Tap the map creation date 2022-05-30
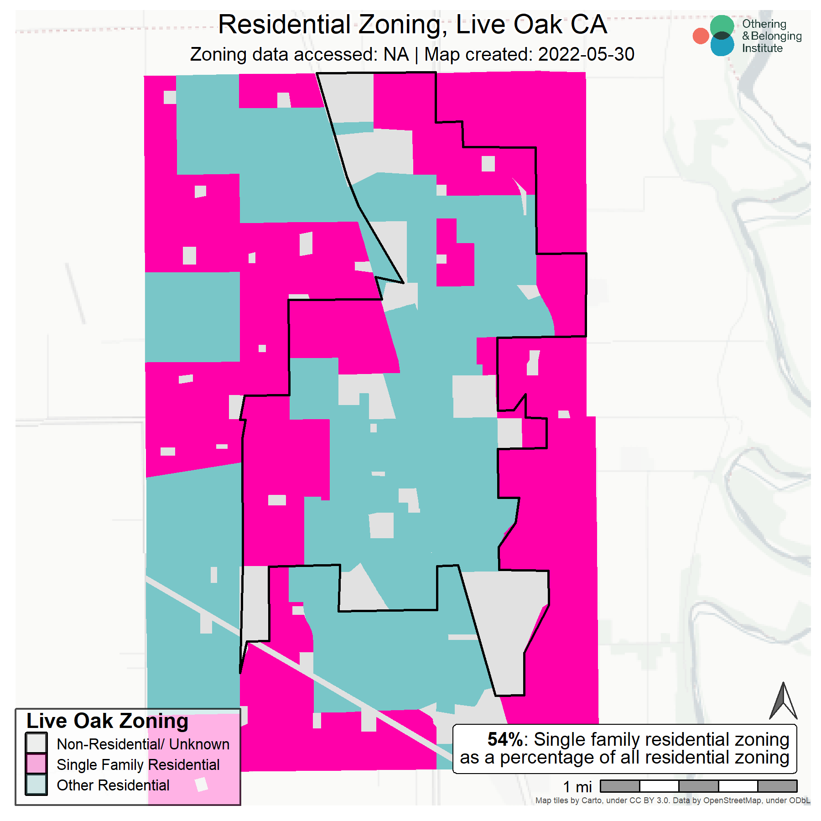click(586, 54)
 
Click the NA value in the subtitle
click(396, 54)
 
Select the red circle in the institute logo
click(701, 36)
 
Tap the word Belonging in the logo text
click(776, 36)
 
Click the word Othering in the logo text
click(764, 24)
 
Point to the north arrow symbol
click(783, 702)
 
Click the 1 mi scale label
click(577, 787)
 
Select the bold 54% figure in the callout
click(504, 739)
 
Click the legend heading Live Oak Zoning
click(107, 721)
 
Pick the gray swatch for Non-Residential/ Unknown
click(36, 743)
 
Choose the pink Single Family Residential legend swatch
click(36, 764)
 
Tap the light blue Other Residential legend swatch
click(36, 785)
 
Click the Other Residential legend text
click(113, 785)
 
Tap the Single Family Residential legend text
click(138, 764)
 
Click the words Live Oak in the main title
click(509, 25)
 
